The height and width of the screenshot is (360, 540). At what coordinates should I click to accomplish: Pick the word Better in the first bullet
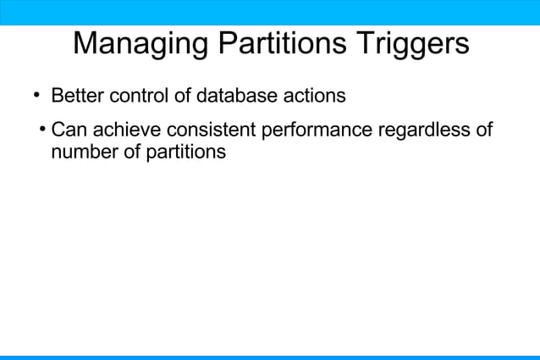point(76,96)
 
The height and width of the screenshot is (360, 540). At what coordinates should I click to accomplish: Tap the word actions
point(312,96)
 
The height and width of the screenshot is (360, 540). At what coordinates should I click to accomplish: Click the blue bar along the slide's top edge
point(270,12)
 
